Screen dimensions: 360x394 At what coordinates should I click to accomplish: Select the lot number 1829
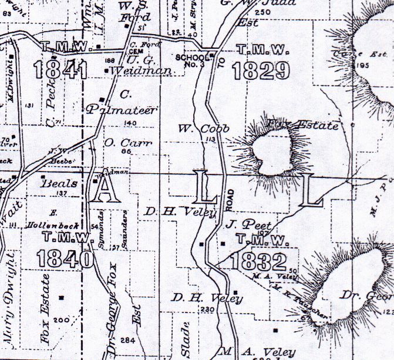261,70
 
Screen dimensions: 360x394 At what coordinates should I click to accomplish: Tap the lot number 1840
64,258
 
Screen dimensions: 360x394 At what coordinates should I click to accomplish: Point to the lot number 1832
259,261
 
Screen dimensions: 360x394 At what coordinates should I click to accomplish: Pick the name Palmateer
114,110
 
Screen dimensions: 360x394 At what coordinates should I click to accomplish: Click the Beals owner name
58,183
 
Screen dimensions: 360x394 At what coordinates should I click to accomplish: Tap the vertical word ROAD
231,200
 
